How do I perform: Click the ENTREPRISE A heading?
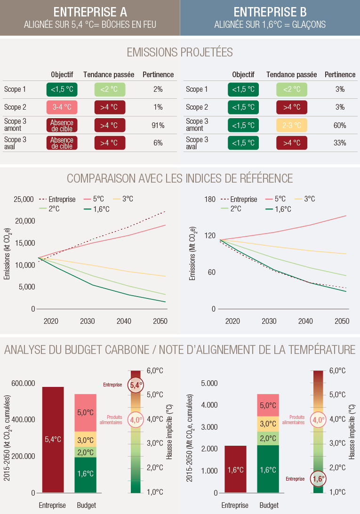click(89, 12)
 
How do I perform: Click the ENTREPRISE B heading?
click(270, 12)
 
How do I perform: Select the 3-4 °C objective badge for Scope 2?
click(62, 107)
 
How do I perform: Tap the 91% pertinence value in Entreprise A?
click(158, 125)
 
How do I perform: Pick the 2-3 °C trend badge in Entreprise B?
click(291, 125)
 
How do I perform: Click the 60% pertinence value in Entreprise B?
click(340, 125)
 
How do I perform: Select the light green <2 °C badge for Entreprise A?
click(110, 89)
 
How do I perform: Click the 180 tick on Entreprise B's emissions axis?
click(210, 199)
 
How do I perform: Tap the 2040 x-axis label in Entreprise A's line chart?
click(124, 321)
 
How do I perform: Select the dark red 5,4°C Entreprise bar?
click(53, 440)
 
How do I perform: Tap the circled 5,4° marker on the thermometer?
click(136, 385)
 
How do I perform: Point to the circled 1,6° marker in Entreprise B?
click(318, 479)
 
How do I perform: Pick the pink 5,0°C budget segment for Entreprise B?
click(268, 405)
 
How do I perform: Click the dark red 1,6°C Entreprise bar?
click(235, 469)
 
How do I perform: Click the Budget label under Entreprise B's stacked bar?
click(268, 505)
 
